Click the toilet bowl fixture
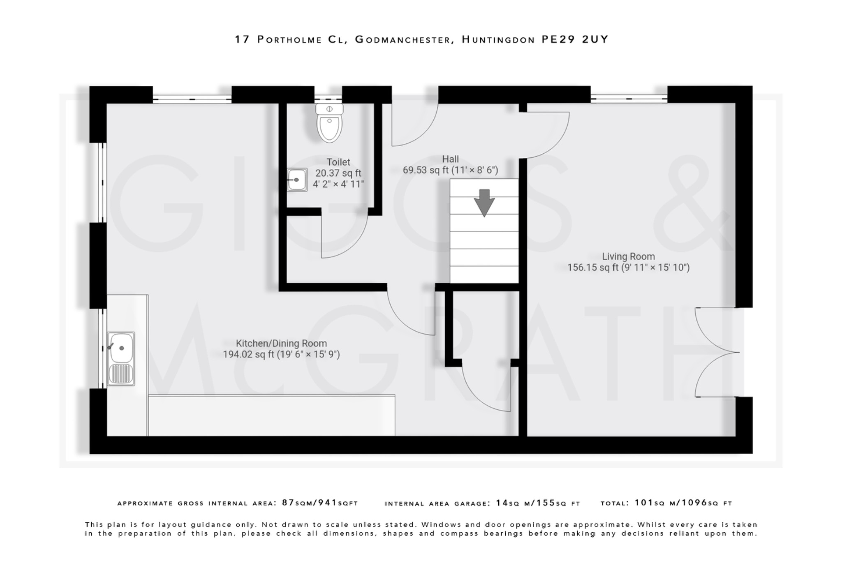click(329, 123)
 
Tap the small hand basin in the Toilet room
click(297, 180)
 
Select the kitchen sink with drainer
click(121, 358)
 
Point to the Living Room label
click(628, 256)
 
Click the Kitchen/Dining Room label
click(281, 343)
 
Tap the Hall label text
click(450, 159)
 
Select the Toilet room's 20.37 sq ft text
click(338, 173)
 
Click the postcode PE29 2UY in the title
click(574, 39)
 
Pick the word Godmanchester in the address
click(402, 39)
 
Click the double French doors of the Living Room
click(717, 352)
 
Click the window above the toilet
click(328, 98)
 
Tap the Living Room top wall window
click(629, 98)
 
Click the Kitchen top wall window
click(192, 98)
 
